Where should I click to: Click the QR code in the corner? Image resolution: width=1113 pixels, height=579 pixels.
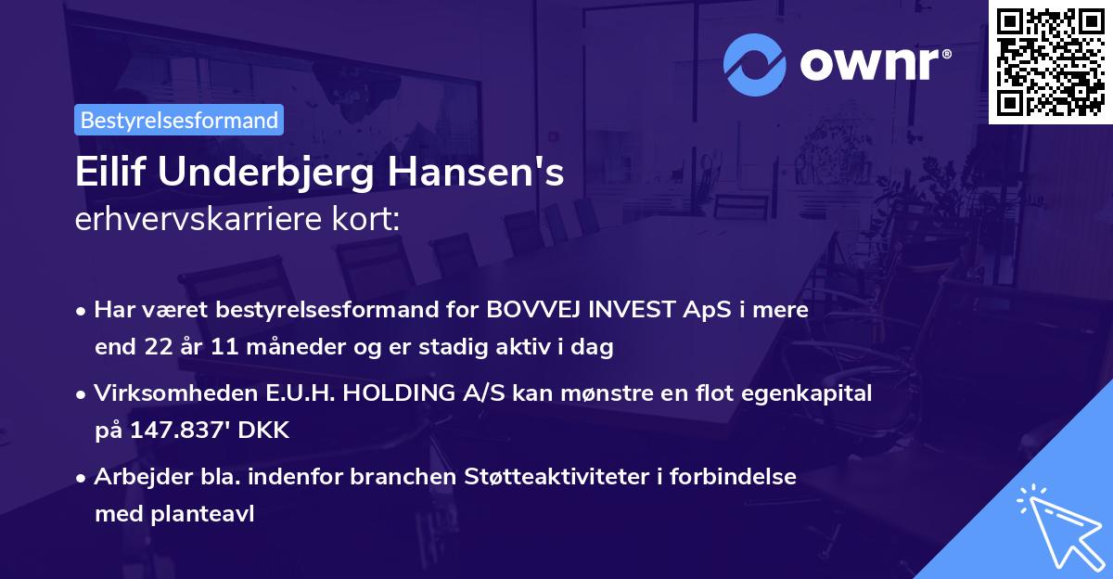point(1050,62)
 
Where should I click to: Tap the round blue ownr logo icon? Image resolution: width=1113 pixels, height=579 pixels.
point(755,65)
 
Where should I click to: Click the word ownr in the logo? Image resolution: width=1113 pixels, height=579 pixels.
point(873,65)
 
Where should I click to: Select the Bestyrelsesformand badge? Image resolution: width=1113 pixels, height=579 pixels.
point(179,120)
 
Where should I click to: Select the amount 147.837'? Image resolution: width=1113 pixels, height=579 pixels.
point(164,431)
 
